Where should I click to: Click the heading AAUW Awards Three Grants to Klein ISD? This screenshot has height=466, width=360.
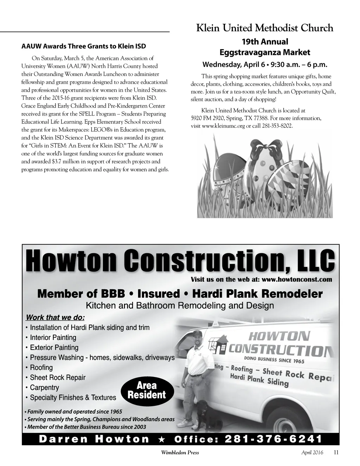[x=84, y=46]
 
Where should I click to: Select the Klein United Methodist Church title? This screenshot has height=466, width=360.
[x=264, y=28]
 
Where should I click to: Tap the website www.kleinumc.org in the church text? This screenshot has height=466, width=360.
[x=223, y=126]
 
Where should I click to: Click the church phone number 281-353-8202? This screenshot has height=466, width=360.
[x=277, y=126]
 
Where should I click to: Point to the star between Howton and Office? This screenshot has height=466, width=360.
[x=162, y=439]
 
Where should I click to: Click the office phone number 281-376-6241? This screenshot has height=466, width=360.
[x=273, y=439]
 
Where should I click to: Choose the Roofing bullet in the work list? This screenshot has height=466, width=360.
[x=41, y=368]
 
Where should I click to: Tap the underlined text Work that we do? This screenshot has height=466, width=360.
[x=55, y=318]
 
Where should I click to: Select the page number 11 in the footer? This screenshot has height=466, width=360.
[x=336, y=453]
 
